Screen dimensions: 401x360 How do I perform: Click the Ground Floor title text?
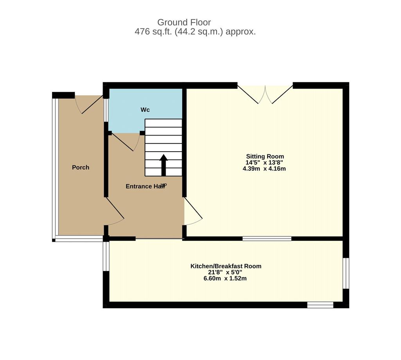coord(184,22)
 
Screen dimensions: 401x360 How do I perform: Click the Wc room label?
coord(145,110)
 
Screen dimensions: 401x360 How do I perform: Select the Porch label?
coord(81,167)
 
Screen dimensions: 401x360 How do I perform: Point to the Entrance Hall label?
coord(145,186)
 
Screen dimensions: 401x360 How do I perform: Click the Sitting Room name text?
coord(265,156)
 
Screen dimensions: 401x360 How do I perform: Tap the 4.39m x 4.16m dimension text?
coord(264,168)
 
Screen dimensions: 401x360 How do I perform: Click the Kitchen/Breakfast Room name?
coord(226,266)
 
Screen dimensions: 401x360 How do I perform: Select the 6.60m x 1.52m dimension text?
coord(225,279)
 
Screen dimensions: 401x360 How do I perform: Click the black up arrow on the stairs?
coord(163,165)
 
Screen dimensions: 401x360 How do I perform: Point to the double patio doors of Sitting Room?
coord(265,94)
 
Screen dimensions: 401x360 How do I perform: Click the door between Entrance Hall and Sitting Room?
coord(193,212)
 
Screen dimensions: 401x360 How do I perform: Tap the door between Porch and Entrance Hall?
coord(115,212)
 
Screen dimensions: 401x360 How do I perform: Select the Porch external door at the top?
coord(89,105)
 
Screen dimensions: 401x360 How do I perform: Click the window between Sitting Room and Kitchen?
coord(267,239)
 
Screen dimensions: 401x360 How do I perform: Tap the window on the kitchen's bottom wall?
coord(320,305)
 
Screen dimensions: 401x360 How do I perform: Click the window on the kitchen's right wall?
coord(346,273)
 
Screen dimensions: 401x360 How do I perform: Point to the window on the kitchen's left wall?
coord(106,256)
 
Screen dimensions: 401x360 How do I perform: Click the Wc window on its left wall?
coord(106,110)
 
